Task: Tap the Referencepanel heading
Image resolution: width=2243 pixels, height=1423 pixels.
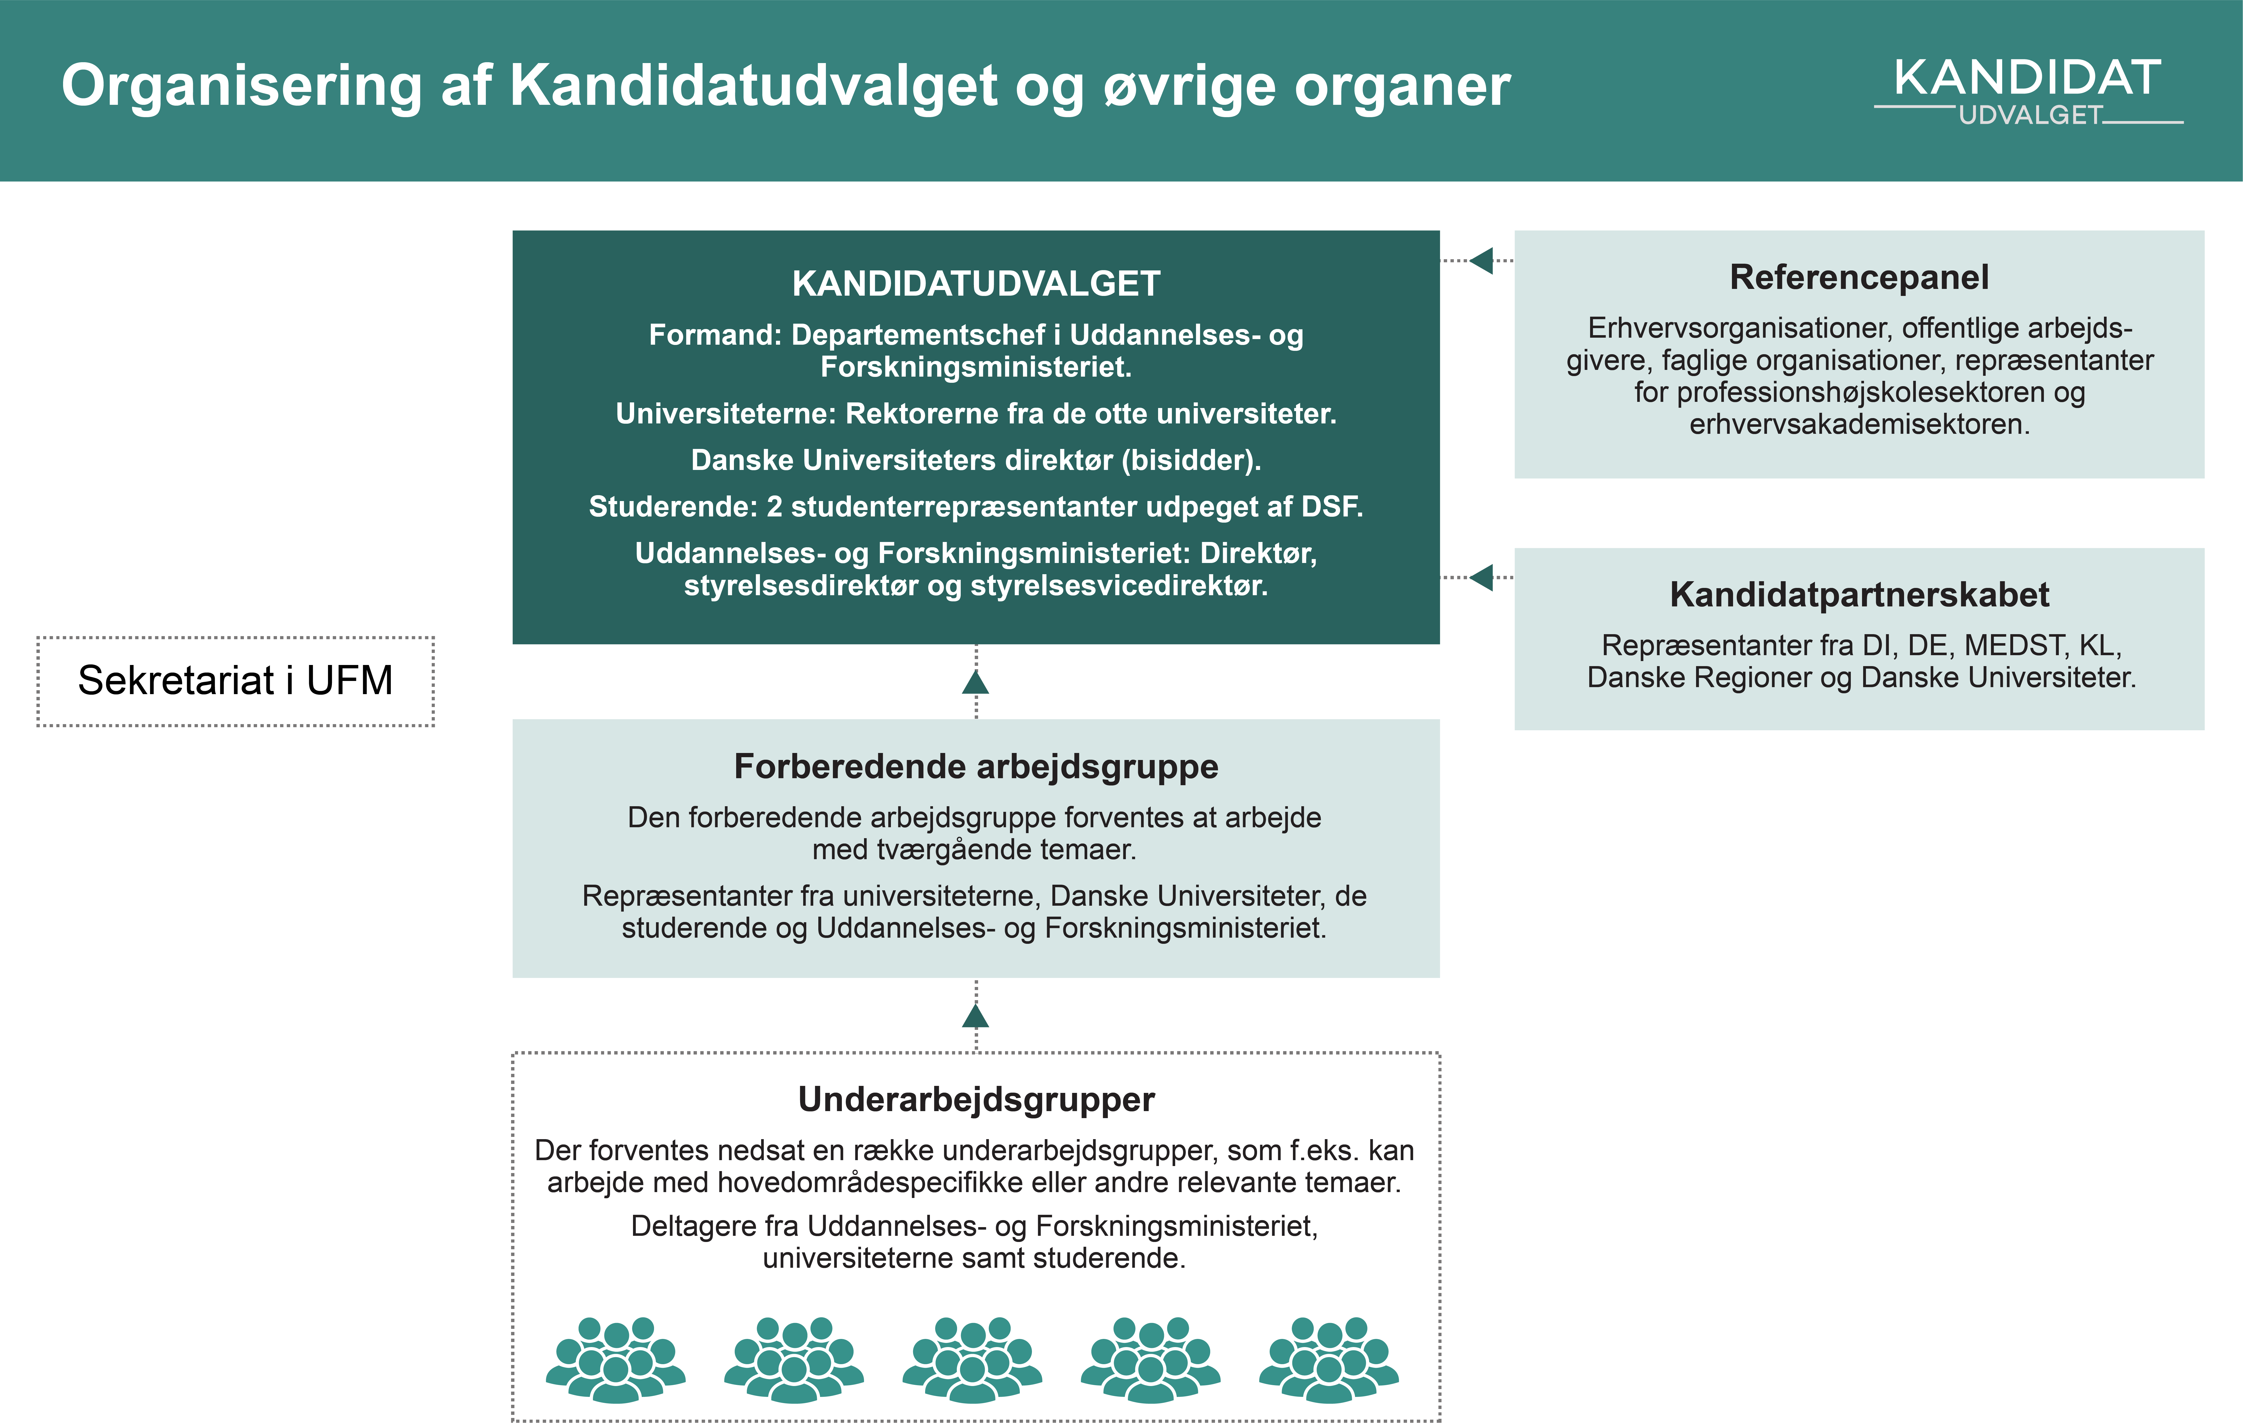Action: pyautogui.click(x=1858, y=277)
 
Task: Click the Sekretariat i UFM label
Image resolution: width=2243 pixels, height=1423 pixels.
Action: pyautogui.click(x=235, y=681)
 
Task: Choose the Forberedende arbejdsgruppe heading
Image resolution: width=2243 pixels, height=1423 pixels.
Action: pyautogui.click(x=975, y=766)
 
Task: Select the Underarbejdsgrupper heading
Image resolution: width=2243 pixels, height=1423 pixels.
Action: pyautogui.click(x=975, y=1100)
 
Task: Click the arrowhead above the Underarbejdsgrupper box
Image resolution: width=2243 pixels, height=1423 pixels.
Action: pyautogui.click(x=975, y=1016)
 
